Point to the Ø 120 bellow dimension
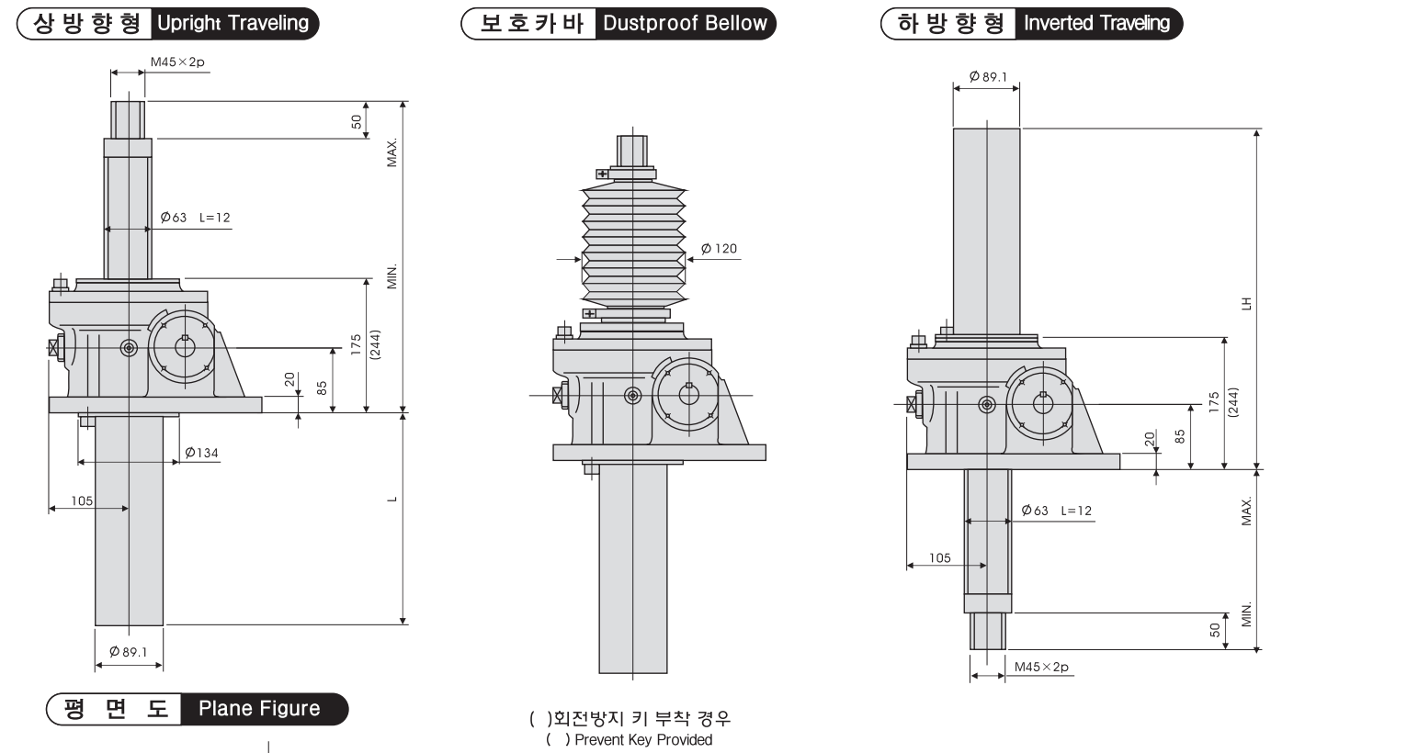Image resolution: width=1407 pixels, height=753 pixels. pos(719,249)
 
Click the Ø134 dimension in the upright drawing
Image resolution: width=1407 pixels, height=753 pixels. pos(201,453)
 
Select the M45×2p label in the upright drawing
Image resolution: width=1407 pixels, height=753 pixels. pos(177,62)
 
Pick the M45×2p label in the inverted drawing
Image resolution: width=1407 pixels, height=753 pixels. pos(1041,667)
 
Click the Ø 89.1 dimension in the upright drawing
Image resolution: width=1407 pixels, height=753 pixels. pos(128,652)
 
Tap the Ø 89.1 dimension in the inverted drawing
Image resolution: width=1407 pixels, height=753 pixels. pos(988,77)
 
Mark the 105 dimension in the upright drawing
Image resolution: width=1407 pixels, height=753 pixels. pos(82,500)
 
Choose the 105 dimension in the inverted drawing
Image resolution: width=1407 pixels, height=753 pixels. pos(939,558)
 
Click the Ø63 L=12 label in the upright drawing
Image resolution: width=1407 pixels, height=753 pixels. pos(195,218)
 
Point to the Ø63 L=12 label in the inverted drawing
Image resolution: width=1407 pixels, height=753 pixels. pos(1057,511)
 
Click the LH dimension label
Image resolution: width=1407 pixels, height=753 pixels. pos(1246,302)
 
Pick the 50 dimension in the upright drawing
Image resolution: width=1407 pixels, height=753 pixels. pos(357,120)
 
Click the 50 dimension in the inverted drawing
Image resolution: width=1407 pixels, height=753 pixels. pos(1215,630)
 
